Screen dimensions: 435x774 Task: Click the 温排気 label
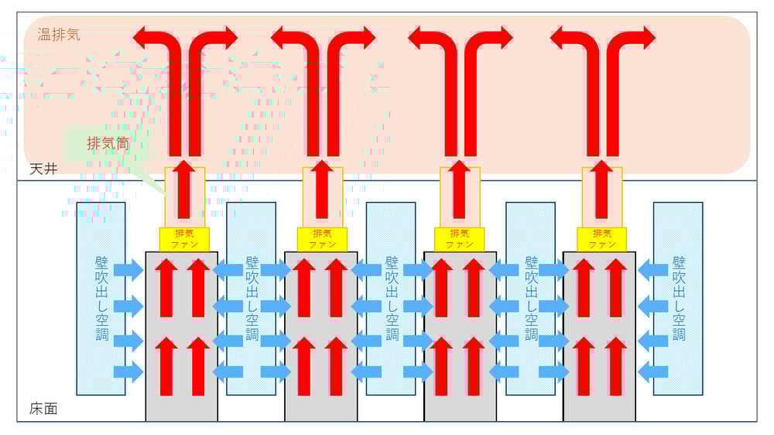[x=59, y=34]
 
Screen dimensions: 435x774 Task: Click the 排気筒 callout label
[x=107, y=143]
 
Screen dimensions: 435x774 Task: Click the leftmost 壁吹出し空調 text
[x=101, y=298]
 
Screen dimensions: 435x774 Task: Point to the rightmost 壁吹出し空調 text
[x=679, y=298]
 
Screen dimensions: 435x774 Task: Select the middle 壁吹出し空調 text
[x=392, y=298]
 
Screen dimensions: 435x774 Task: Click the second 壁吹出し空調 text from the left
[x=252, y=298]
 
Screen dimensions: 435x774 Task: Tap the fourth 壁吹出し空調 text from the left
[x=531, y=298]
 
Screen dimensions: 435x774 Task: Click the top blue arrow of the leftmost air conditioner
[x=128, y=270]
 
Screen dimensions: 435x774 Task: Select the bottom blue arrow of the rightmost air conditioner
[x=653, y=372]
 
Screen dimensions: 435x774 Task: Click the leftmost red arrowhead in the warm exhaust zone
[x=141, y=36]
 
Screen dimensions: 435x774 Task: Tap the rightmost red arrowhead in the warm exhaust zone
[x=647, y=36]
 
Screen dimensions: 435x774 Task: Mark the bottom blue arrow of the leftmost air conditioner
[x=128, y=372]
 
